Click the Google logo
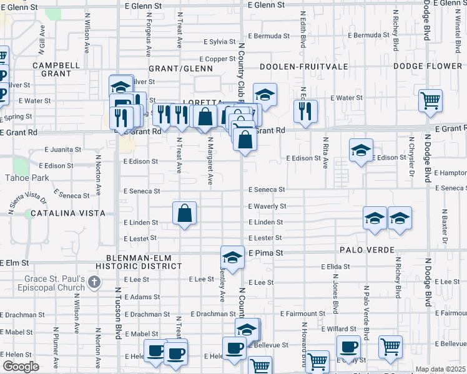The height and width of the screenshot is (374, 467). pyautogui.click(x=21, y=367)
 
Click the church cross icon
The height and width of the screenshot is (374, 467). pyautogui.click(x=94, y=283)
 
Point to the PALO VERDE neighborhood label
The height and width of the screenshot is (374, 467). pyautogui.click(x=368, y=250)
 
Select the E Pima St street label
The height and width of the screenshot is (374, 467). pyautogui.click(x=266, y=253)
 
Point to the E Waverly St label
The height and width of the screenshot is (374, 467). pyautogui.click(x=267, y=206)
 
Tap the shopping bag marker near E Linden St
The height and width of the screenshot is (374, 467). pyautogui.click(x=185, y=214)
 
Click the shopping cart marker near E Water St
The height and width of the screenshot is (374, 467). pyautogui.click(x=430, y=100)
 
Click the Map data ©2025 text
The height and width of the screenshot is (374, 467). pyautogui.click(x=440, y=369)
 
